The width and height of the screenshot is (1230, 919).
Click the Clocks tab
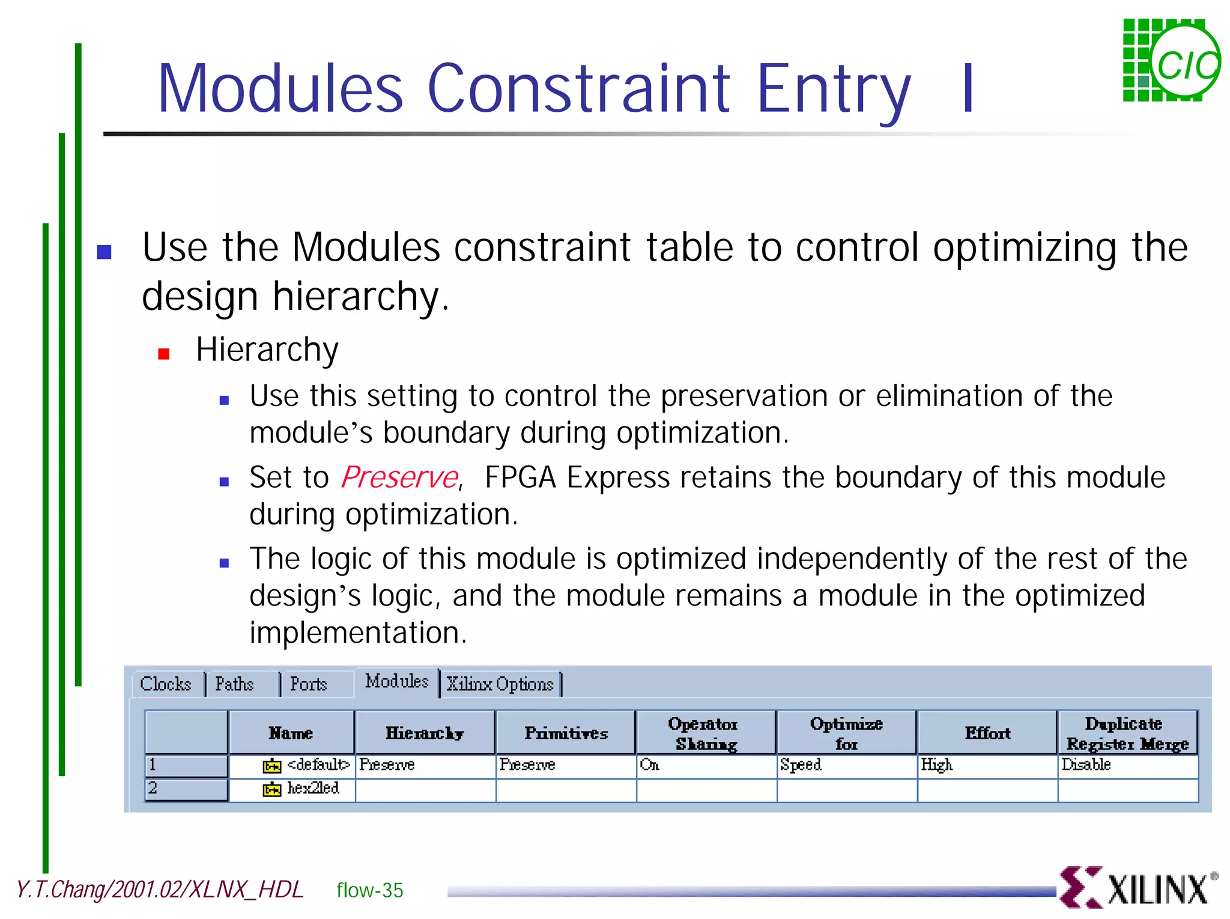(166, 684)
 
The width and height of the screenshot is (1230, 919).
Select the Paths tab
(234, 684)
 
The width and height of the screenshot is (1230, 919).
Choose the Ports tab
(309, 684)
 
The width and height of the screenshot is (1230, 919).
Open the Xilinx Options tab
(500, 684)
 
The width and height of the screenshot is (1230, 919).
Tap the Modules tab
(396, 682)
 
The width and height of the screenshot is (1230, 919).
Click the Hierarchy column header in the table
(425, 733)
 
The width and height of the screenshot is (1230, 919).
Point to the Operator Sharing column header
(705, 733)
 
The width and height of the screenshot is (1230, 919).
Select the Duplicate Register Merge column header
(1127, 733)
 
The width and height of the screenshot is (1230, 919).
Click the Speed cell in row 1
(801, 765)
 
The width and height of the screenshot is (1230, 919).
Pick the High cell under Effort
(937, 765)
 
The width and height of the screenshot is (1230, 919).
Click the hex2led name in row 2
(313, 789)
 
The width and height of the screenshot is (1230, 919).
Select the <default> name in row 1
(318, 765)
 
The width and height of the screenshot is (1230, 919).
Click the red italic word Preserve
(400, 478)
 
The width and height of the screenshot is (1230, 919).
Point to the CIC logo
(1171, 61)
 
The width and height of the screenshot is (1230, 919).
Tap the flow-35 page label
(369, 890)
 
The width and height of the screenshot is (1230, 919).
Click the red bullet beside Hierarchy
(163, 354)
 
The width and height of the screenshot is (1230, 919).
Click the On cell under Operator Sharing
(650, 765)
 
